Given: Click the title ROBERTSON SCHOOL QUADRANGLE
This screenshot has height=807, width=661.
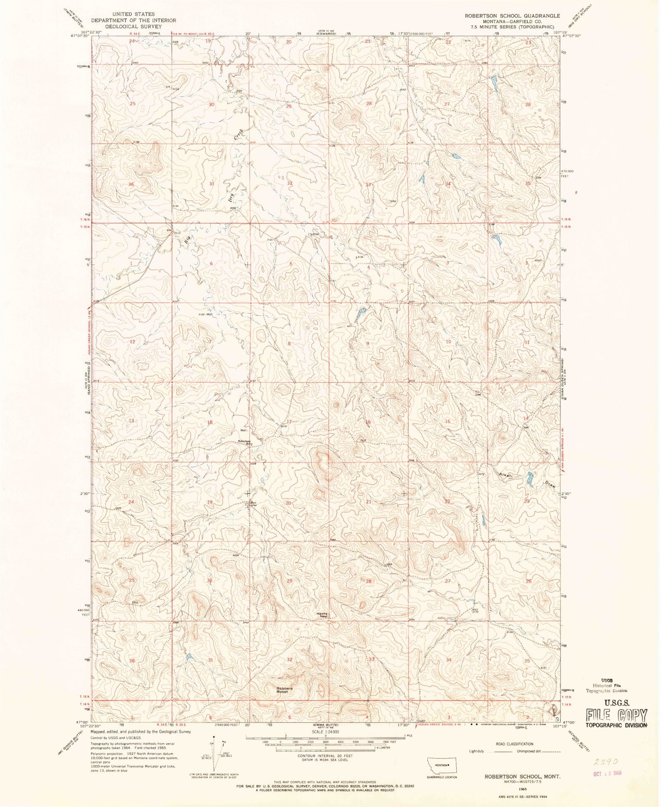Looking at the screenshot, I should click(x=512, y=16).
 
